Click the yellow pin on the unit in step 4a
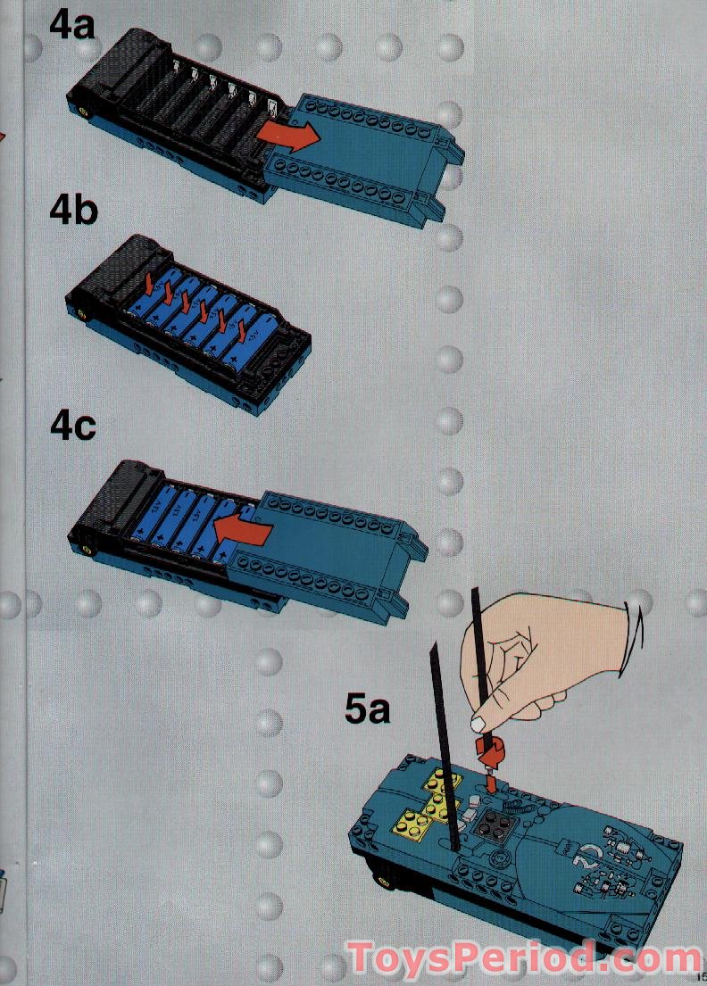click(84, 112)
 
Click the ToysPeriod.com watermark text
click(525, 959)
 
